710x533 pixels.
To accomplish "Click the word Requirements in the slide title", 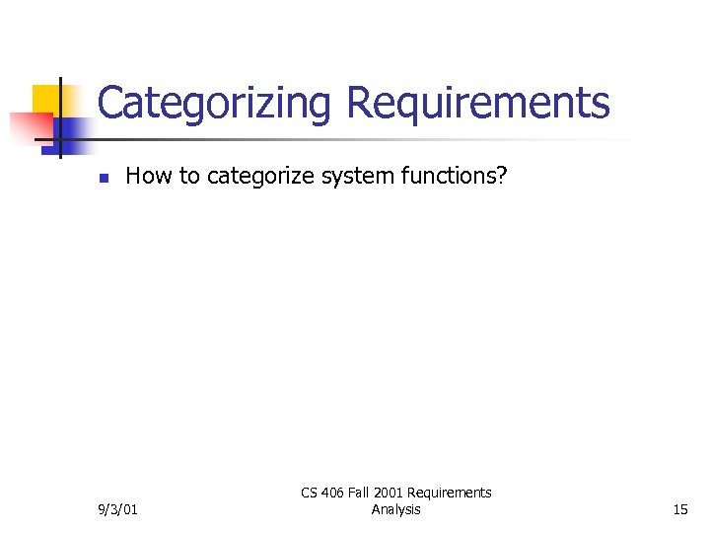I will (x=478, y=103).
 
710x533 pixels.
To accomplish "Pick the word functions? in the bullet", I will (x=455, y=177).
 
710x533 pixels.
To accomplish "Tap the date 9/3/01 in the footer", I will (x=118, y=509).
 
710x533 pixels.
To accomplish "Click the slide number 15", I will (x=679, y=509).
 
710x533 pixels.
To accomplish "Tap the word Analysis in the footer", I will (x=396, y=509).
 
